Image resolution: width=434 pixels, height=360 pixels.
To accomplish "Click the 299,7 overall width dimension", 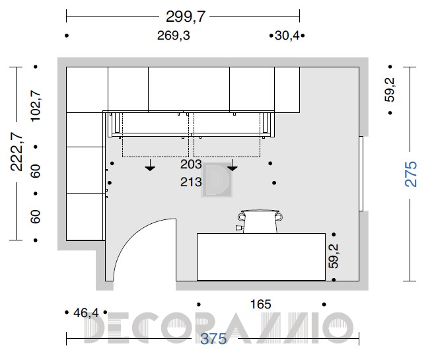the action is [186, 17].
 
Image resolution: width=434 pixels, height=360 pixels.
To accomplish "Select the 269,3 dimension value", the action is [174, 36].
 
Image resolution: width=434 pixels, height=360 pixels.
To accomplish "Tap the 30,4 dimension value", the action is [287, 36].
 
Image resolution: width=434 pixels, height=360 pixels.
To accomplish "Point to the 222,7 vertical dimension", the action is [17, 152].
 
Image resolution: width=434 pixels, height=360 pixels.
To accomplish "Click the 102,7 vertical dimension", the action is [36, 106].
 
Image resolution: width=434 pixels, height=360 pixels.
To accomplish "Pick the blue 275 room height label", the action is [411, 174].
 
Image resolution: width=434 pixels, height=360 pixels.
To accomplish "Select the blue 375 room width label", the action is [213, 339].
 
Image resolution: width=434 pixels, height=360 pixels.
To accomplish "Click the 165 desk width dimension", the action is [260, 305].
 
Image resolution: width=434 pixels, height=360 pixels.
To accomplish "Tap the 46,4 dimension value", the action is [86, 312].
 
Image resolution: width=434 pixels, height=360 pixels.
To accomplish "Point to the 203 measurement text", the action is [191, 164].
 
